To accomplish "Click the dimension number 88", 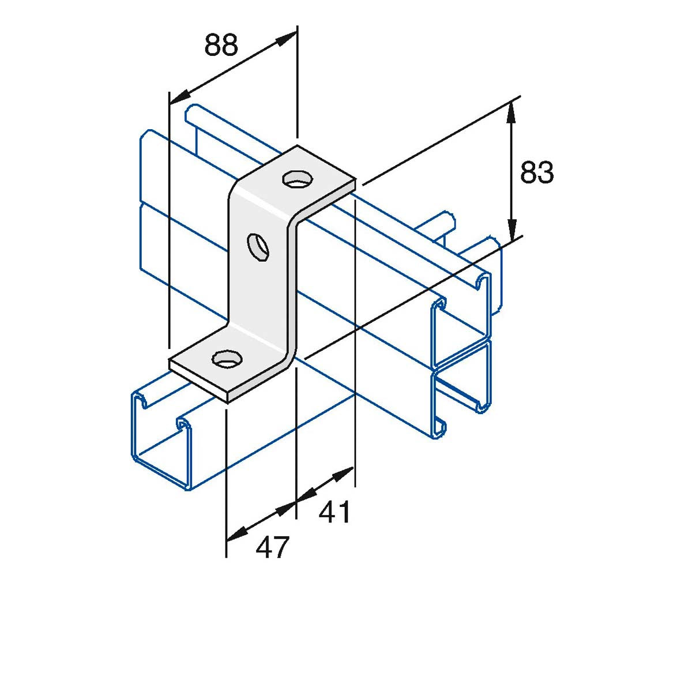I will tap(221, 45).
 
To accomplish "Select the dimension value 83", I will tap(537, 172).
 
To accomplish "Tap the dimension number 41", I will tap(335, 512).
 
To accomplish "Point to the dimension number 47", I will tap(272, 547).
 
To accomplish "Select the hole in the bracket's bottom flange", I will tap(225, 359).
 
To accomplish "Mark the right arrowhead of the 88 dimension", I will tap(288, 38).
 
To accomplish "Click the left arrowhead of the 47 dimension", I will tap(234, 536).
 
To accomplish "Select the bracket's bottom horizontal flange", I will tap(225, 369).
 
